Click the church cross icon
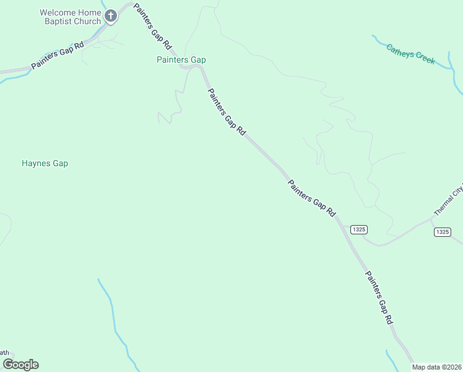(x=111, y=16)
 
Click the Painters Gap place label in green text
(x=181, y=60)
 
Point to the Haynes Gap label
(x=45, y=164)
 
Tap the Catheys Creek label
(x=410, y=53)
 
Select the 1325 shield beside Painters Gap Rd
(x=358, y=229)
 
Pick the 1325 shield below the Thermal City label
(x=442, y=232)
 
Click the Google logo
(x=20, y=365)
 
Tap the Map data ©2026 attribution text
(x=436, y=367)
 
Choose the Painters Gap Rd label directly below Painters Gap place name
(x=227, y=112)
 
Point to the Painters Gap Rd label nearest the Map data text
(x=379, y=298)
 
